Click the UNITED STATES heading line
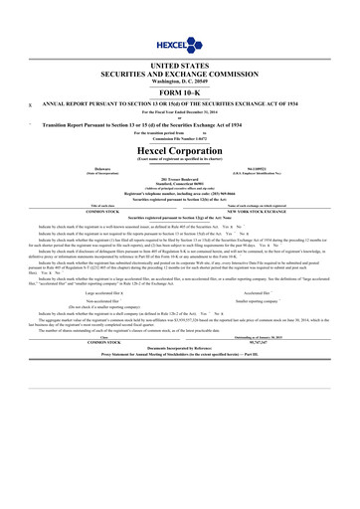[x=180, y=62]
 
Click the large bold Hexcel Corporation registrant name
[x=180, y=150]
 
